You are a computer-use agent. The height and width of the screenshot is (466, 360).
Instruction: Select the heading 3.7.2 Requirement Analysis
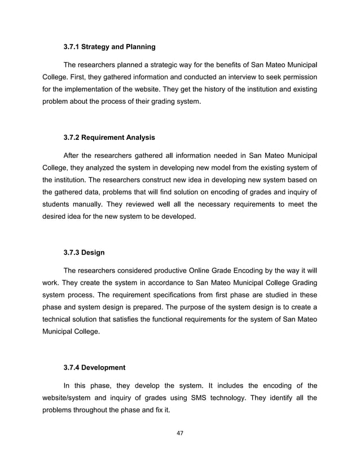[109, 138]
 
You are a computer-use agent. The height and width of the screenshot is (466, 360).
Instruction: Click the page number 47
[180, 433]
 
